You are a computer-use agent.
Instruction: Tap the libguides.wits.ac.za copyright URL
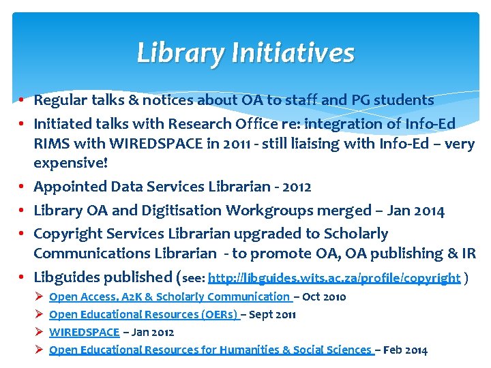333,278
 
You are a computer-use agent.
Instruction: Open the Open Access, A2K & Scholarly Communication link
170,297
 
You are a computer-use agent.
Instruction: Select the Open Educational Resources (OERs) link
143,315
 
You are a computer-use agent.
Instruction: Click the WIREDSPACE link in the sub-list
84,333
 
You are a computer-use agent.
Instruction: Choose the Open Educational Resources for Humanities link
211,350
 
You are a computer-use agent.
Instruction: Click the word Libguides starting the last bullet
67,277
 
